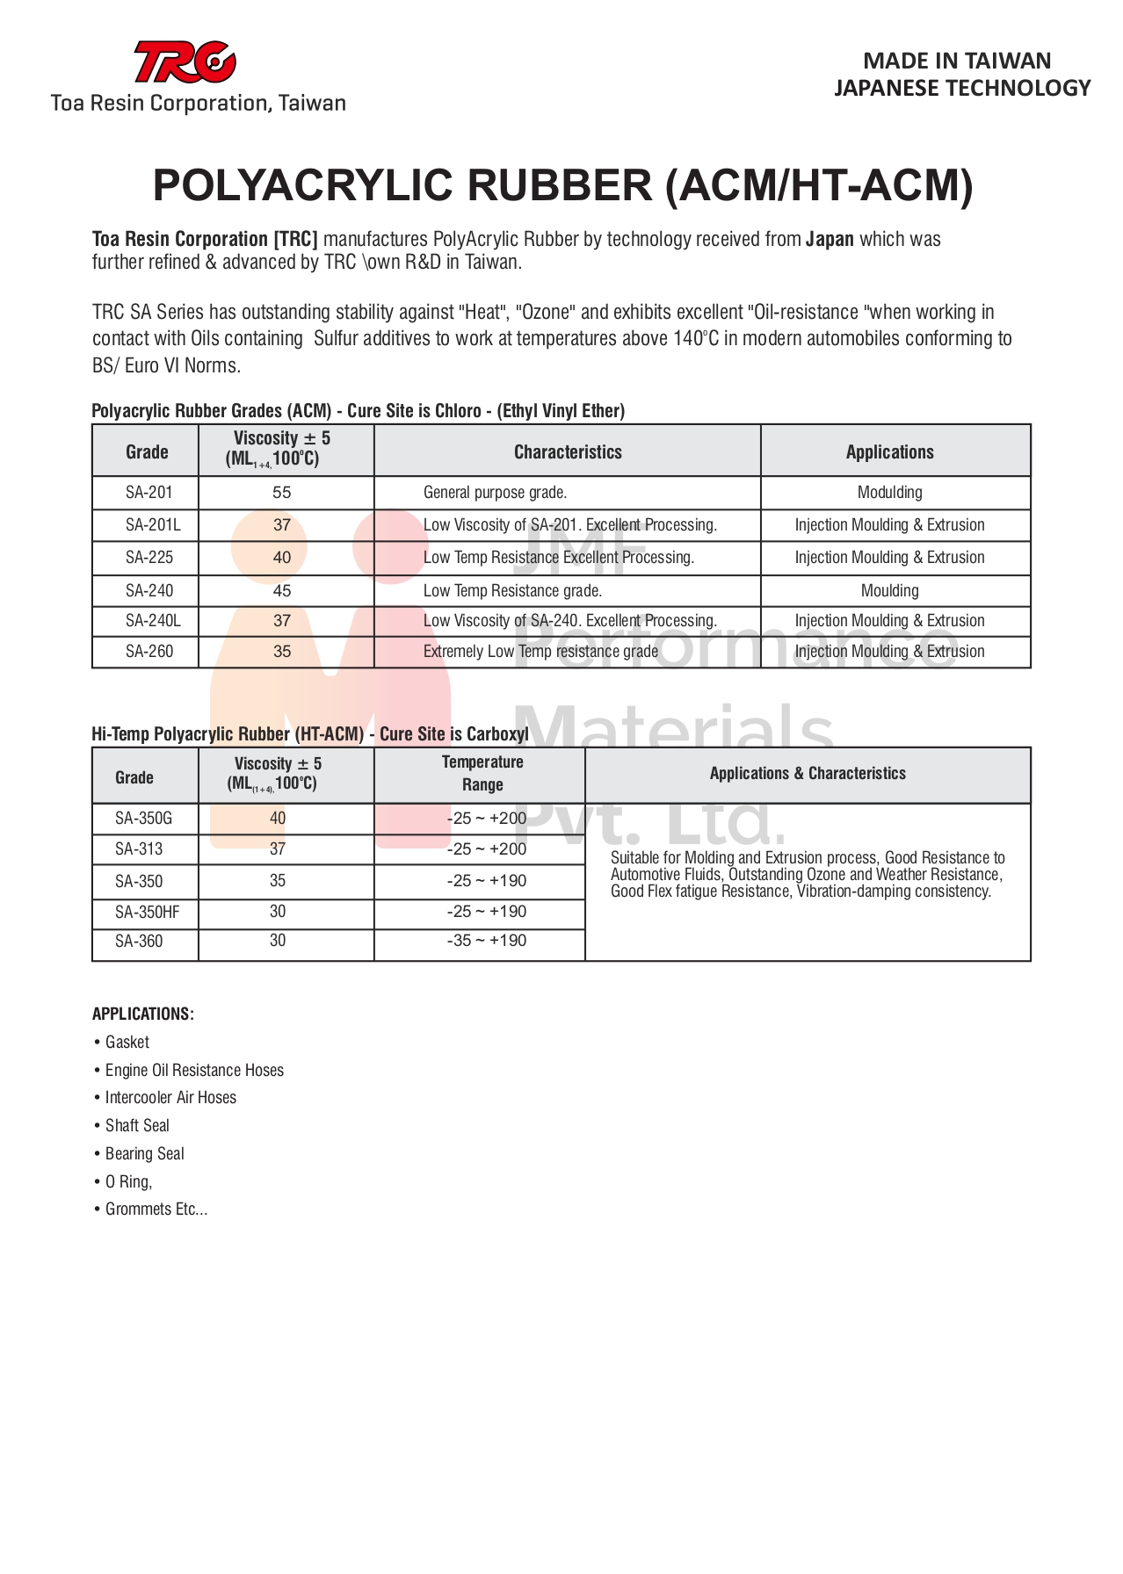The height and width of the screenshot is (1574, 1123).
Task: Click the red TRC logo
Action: (185, 62)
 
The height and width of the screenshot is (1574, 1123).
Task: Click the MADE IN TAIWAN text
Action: (957, 61)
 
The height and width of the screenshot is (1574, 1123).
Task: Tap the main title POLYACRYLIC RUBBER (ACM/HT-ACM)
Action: (562, 185)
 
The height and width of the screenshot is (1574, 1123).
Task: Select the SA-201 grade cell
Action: (149, 493)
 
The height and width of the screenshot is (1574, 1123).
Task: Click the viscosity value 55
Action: (282, 493)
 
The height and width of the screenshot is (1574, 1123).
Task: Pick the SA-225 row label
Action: (149, 558)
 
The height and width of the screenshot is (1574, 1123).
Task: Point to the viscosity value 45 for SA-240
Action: (282, 591)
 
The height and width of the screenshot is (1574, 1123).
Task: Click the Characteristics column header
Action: (568, 452)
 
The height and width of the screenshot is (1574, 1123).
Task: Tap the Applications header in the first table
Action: (889, 452)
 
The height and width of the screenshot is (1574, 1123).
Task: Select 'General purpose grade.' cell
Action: (495, 493)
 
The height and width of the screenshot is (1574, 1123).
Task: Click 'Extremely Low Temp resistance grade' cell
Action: (540, 652)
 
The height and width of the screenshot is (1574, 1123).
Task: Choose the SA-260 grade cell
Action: (149, 652)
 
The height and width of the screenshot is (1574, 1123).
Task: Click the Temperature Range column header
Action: (482, 774)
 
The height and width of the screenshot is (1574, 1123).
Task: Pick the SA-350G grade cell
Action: (143, 819)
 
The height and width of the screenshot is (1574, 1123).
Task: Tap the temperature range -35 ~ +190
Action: (486, 941)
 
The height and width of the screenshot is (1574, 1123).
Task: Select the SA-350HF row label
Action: (147, 913)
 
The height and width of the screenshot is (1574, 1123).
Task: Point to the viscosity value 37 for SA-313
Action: (278, 849)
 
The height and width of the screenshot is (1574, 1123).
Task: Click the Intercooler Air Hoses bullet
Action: (170, 1098)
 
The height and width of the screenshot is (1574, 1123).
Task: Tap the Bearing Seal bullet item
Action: (145, 1154)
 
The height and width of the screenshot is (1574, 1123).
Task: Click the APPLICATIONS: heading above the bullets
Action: (143, 1014)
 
